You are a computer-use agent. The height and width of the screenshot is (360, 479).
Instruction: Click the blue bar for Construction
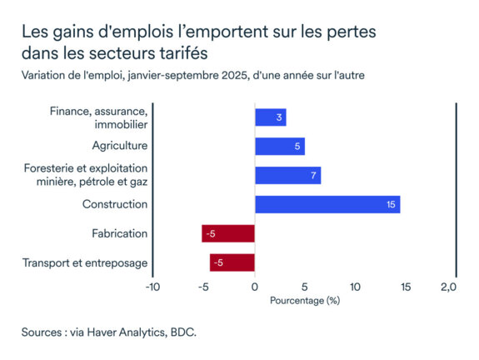click(x=327, y=204)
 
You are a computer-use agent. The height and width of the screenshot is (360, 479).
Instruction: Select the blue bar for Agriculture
click(x=279, y=147)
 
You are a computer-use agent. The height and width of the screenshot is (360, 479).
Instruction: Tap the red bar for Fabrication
click(x=227, y=233)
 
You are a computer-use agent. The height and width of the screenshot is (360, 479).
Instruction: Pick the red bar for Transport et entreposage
click(x=232, y=262)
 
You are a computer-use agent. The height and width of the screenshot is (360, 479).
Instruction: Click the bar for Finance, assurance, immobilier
click(x=270, y=117)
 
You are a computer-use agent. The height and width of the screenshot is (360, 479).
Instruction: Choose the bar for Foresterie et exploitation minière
click(x=287, y=175)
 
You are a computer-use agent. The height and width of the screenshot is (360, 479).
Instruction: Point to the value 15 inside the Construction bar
click(x=391, y=204)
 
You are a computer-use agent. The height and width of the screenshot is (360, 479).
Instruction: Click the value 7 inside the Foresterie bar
click(x=313, y=175)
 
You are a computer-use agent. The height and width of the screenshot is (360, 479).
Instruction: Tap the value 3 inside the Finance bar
click(x=279, y=117)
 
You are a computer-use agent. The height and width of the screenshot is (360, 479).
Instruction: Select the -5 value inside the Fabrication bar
click(x=211, y=234)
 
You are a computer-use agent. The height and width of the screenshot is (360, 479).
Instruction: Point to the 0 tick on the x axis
click(x=254, y=287)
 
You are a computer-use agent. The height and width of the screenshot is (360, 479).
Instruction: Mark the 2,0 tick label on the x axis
click(x=448, y=287)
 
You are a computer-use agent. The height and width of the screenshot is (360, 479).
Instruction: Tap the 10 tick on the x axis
click(x=356, y=287)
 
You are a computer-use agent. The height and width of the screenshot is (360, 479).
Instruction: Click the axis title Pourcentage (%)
click(x=305, y=300)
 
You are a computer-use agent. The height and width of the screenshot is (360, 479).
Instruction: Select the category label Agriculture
click(x=119, y=147)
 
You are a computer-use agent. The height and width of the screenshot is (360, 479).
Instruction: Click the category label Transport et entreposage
click(x=85, y=263)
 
